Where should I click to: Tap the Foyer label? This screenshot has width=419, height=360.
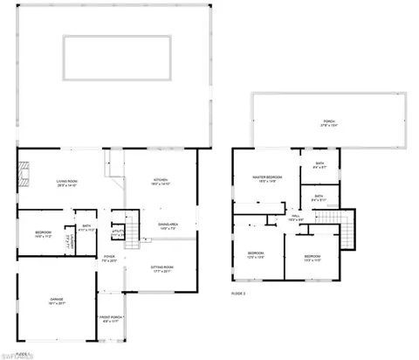tap(109, 260)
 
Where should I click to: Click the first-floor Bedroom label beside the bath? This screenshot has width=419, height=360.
tap(43, 233)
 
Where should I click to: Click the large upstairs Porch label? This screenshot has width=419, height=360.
tap(328, 122)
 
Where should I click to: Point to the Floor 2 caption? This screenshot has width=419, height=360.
tap(238, 294)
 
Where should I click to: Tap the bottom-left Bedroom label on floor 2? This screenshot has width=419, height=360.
tap(255, 255)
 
